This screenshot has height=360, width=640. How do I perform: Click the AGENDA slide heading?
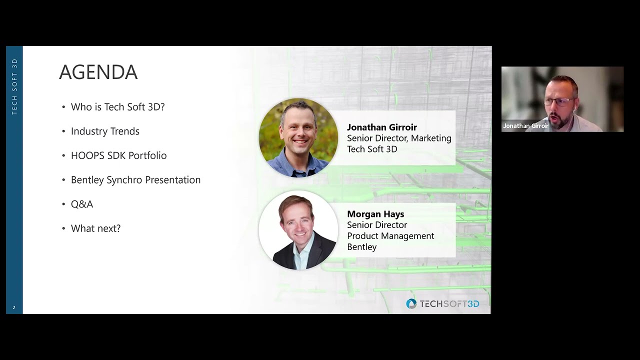pyautogui.click(x=98, y=72)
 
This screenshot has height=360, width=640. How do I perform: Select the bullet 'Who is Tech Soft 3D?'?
pyautogui.click(x=117, y=107)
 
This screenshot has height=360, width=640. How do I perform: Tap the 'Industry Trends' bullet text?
pyautogui.click(x=105, y=131)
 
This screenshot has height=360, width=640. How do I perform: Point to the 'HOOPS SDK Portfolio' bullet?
pyautogui.click(x=118, y=155)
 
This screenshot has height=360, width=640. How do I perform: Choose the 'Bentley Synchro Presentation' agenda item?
pyautogui.click(x=135, y=180)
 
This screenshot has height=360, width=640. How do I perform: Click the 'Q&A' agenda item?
pyautogui.click(x=82, y=204)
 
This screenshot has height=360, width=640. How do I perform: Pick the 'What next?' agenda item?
pyautogui.click(x=95, y=228)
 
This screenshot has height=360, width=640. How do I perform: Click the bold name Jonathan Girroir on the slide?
pyautogui.click(x=382, y=127)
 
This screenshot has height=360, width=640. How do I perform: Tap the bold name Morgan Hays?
pyautogui.click(x=375, y=214)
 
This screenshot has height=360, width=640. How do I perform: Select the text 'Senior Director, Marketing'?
pyautogui.click(x=399, y=138)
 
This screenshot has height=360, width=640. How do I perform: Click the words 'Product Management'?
pyautogui.click(x=390, y=236)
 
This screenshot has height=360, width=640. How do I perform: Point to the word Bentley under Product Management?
pyautogui.click(x=362, y=247)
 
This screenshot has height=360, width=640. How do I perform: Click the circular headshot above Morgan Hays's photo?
pyautogui.click(x=298, y=137)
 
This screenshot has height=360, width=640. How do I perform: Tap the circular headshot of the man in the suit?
pyautogui.click(x=298, y=230)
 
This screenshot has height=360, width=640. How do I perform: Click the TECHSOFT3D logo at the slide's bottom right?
pyautogui.click(x=442, y=304)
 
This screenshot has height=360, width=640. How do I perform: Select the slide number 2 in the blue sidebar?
pyautogui.click(x=14, y=307)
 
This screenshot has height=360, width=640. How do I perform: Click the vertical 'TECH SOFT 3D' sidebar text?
pyautogui.click(x=14, y=86)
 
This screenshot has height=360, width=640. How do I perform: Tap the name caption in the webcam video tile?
pyautogui.click(x=525, y=126)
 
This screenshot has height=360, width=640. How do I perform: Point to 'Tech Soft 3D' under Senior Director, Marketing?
pyautogui.click(x=372, y=149)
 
